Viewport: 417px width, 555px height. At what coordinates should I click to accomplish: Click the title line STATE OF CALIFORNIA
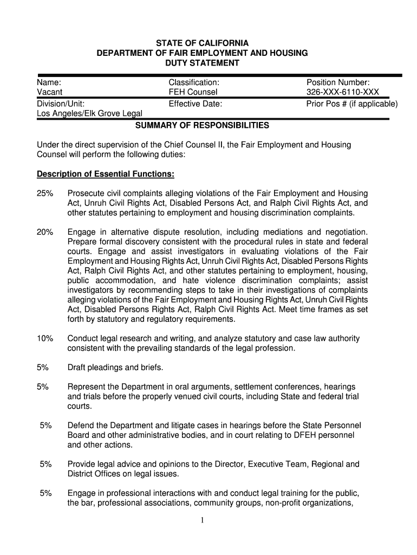[x=202, y=43]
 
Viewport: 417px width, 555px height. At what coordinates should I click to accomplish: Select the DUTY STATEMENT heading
[x=202, y=63]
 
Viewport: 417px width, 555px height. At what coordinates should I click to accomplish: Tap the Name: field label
[x=48, y=82]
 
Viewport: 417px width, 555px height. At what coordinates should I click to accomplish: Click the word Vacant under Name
[x=49, y=93]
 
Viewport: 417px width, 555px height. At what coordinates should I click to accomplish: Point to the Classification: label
[x=194, y=82]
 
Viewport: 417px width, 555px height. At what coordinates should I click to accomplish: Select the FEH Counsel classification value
[x=193, y=93]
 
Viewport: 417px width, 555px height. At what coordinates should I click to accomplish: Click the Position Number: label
[x=338, y=82]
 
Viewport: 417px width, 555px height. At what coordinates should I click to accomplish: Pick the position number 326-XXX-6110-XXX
[x=342, y=93]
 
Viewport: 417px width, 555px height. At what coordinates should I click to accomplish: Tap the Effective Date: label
[x=196, y=103]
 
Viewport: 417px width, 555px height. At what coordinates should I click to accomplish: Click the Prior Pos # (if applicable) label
[x=351, y=103]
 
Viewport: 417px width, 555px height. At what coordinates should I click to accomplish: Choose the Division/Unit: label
[x=60, y=103]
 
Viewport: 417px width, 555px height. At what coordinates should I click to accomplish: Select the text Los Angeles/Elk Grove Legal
[x=89, y=113]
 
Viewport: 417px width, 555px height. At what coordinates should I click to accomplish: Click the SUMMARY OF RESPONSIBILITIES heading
[x=202, y=126]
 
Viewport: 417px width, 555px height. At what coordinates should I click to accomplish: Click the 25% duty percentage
[x=45, y=193]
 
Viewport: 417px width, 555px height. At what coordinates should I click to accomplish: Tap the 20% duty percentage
[x=45, y=232]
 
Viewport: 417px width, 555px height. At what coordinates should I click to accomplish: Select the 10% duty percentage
[x=45, y=338]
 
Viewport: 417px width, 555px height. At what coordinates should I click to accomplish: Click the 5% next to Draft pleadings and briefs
[x=43, y=367]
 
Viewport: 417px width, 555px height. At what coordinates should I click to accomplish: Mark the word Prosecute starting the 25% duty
[x=86, y=193]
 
